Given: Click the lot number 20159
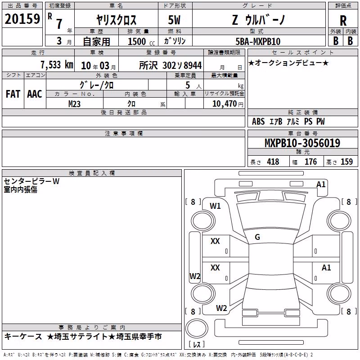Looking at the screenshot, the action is click(22, 19).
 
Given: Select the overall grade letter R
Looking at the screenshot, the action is click(343, 21).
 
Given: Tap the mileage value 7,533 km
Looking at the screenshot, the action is click(57, 65).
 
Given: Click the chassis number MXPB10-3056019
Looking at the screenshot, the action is click(302, 143).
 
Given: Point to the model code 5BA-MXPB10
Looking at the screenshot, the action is click(258, 41).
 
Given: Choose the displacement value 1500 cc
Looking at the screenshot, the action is click(141, 41).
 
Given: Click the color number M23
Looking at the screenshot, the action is click(74, 104).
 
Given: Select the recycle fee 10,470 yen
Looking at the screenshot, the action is click(228, 104).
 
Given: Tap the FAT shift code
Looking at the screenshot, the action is click(13, 94).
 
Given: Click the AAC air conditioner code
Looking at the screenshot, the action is click(35, 94).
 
